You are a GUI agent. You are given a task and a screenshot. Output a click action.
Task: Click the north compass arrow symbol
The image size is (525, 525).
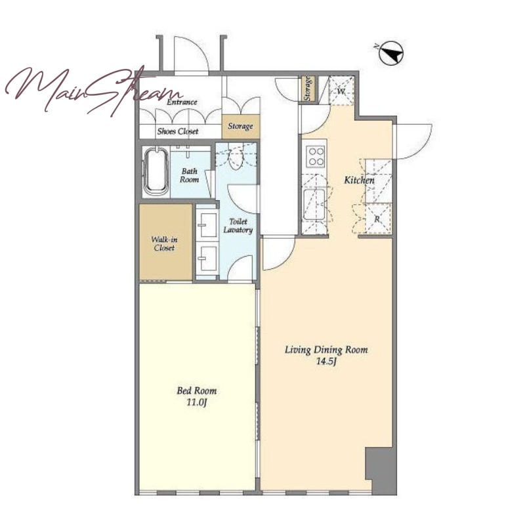pyautogui.click(x=391, y=53)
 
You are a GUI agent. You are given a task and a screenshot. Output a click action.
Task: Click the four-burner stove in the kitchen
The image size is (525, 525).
pyautogui.click(x=316, y=156)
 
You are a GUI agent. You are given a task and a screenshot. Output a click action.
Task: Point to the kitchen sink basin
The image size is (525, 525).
pyautogui.click(x=314, y=204)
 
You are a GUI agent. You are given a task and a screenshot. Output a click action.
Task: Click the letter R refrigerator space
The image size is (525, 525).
pyautogui.click(x=377, y=219)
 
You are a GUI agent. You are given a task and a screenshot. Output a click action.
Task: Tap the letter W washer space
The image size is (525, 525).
pyautogui.click(x=341, y=91)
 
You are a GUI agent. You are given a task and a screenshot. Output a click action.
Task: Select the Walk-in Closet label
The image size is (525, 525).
pyautogui.click(x=164, y=243)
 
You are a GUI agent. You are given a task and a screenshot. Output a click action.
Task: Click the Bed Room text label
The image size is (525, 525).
pyautogui.click(x=196, y=390)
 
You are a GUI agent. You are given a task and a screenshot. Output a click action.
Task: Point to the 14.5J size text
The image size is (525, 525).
pyautogui.click(x=325, y=362)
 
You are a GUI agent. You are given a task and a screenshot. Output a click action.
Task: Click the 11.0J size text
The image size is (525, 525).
pyautogui.click(x=196, y=402)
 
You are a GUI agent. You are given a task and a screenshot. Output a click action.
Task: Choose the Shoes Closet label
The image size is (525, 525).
pyautogui.click(x=178, y=131)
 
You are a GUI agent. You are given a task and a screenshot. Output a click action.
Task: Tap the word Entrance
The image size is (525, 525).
pyautogui.click(x=182, y=102)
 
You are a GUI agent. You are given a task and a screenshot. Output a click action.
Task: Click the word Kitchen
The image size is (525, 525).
pyautogui.click(x=359, y=180)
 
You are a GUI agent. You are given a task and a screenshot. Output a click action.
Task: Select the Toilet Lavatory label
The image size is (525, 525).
pyautogui.click(x=238, y=226)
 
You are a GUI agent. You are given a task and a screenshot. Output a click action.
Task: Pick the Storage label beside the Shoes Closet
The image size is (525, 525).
pyautogui.click(x=240, y=126)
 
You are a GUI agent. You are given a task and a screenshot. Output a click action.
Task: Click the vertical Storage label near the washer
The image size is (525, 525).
pyautogui.click(x=307, y=89)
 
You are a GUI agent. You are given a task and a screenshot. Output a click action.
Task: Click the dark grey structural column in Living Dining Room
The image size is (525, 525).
pyautogui.click(x=381, y=470)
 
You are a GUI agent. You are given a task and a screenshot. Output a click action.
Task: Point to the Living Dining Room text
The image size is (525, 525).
pyautogui.click(x=326, y=350)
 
